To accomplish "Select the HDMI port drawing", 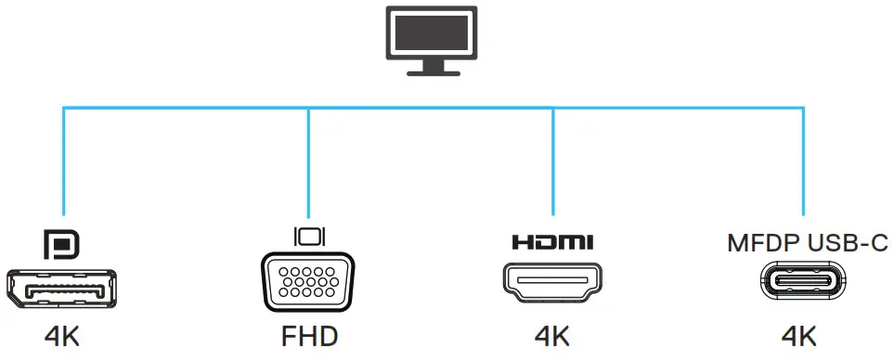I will pyautogui.click(x=552, y=284).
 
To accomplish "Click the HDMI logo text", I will pyautogui.click(x=552, y=244).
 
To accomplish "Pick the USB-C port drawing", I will pyautogui.click(x=803, y=284).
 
